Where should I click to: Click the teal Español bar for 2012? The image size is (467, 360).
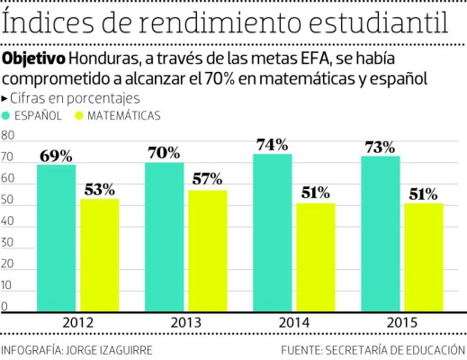click(x=57, y=238)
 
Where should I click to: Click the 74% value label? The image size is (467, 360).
click(x=271, y=144)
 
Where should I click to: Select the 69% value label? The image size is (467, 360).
click(x=56, y=155)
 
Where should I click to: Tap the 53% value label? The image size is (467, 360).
click(x=99, y=189)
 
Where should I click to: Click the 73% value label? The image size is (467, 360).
click(x=379, y=147)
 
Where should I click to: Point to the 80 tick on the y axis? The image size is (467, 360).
click(x=8, y=137)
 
